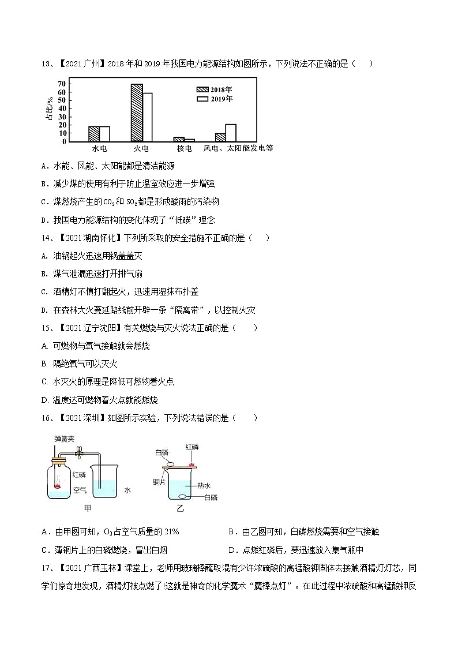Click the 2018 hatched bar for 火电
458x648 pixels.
point(136,113)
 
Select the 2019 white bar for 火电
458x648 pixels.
point(147,117)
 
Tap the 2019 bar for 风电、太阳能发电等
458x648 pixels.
point(231,133)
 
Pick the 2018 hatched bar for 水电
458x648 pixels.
point(93,134)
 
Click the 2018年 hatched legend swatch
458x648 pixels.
point(201,90)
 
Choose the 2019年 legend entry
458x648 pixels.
point(215,99)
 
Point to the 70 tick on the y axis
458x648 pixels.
point(62,84)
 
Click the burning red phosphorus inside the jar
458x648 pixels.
point(58,486)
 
